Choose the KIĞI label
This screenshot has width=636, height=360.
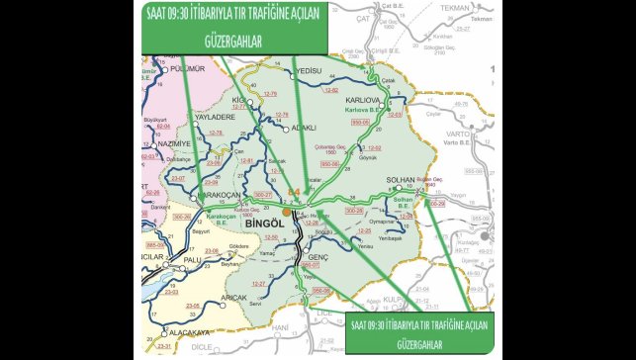pyautogui.click(x=237, y=101)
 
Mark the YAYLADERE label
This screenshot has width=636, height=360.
pyautogui.click(x=219, y=117)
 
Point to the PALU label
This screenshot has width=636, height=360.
pyautogui.click(x=192, y=260)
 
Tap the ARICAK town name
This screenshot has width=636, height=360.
pyautogui.click(x=234, y=298)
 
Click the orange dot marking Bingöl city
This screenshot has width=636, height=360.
pyautogui.click(x=286, y=211)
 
